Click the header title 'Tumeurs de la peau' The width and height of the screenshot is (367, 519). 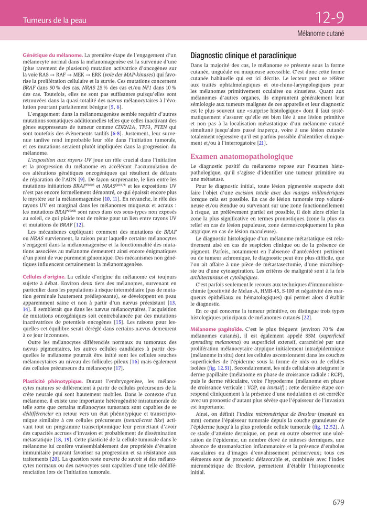(x=55, y=20)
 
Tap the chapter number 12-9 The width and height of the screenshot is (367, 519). (x=329, y=18)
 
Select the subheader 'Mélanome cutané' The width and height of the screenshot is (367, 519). (x=320, y=34)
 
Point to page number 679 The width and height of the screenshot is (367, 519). (x=338, y=502)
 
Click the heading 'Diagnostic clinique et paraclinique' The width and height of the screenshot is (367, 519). (x=243, y=55)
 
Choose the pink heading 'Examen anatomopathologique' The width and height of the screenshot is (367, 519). (x=241, y=156)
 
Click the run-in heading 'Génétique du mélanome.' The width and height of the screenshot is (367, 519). (x=52, y=55)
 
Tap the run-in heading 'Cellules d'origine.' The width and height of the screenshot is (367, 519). (x=44, y=276)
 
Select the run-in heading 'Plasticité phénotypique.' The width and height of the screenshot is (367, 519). (x=52, y=381)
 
